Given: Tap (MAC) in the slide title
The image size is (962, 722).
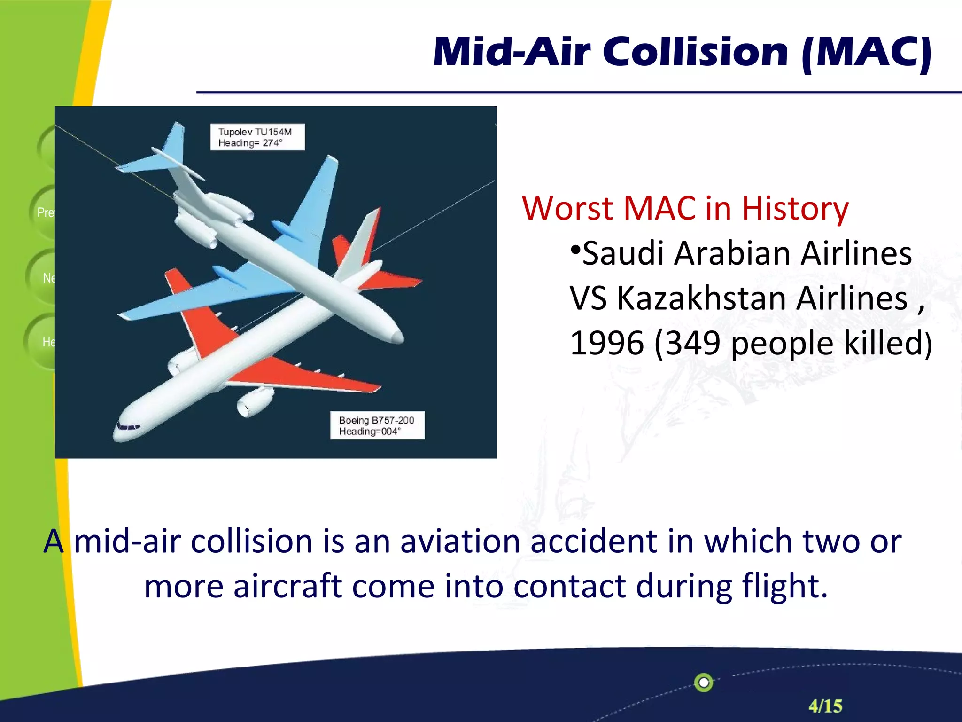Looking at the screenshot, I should [867, 53].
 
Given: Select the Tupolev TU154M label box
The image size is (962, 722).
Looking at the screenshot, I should [257, 137].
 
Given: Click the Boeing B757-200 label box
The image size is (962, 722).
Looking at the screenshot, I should [377, 425].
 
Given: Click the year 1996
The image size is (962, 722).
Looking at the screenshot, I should [606, 343].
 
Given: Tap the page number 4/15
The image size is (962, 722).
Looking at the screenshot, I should [825, 706].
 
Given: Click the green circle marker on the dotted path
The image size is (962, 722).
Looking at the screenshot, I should [704, 683].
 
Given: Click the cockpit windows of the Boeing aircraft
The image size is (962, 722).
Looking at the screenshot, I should [128, 427].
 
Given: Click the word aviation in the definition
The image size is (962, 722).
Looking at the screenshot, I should [460, 541].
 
